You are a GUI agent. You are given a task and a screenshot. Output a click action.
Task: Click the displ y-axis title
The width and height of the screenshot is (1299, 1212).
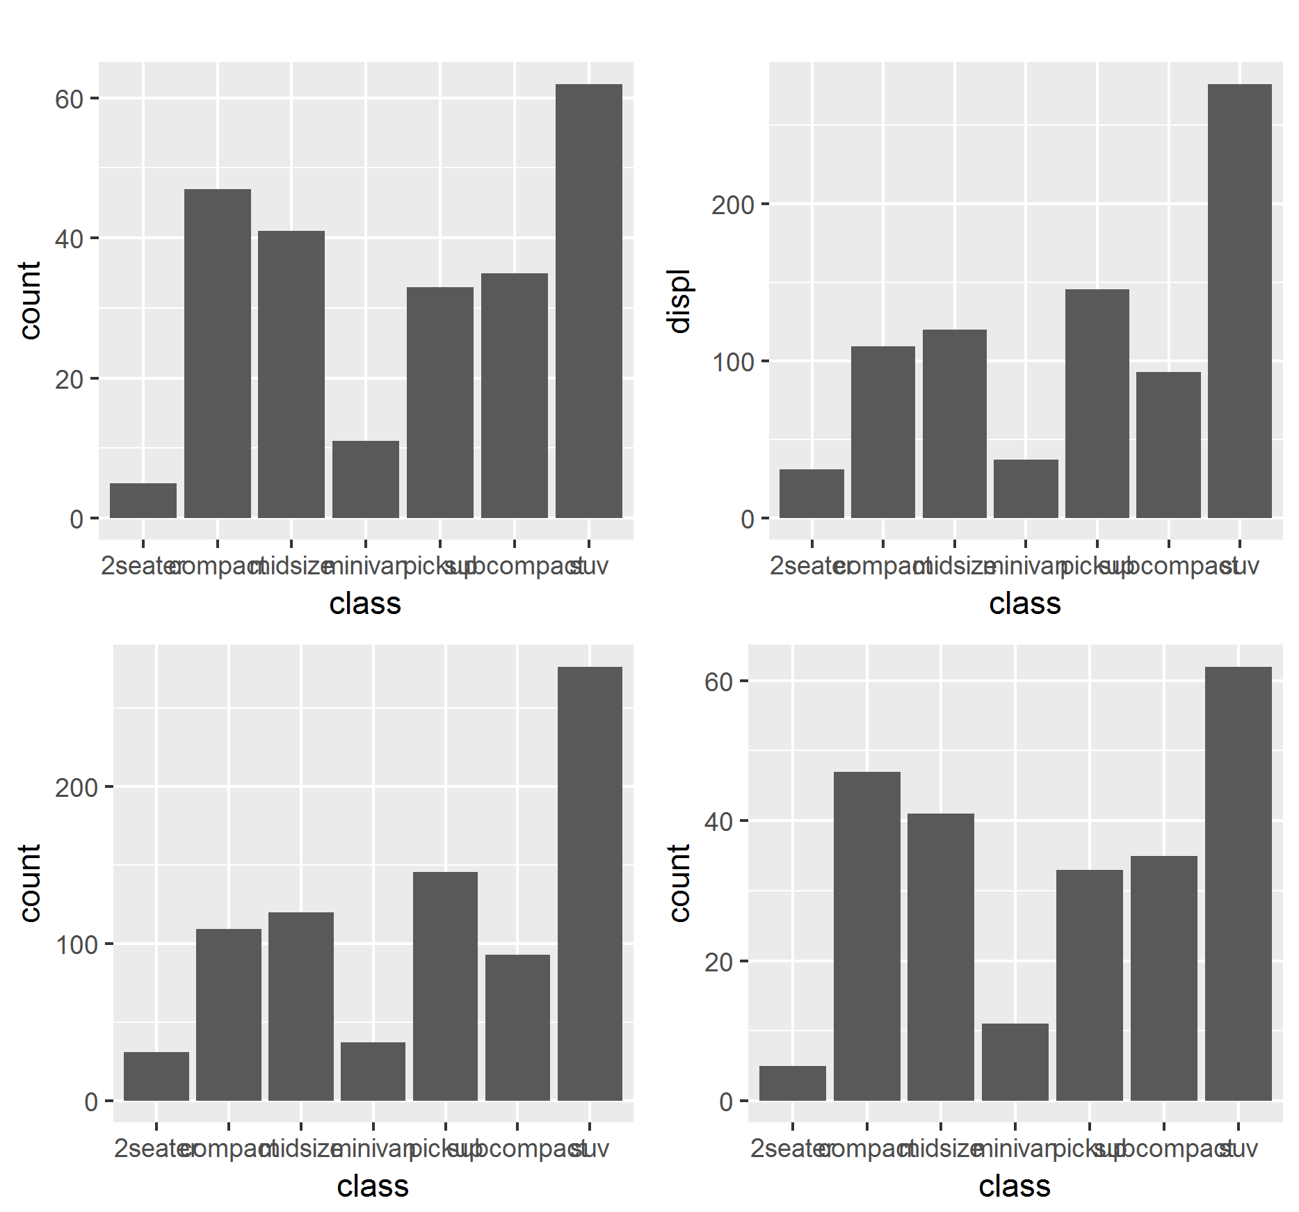point(679,300)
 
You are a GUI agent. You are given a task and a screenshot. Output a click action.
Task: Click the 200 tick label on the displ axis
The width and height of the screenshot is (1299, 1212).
point(732,205)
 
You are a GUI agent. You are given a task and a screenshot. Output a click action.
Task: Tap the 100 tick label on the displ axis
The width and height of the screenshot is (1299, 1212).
point(732,362)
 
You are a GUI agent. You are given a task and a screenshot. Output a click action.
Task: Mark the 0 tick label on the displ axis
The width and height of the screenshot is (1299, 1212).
point(747,519)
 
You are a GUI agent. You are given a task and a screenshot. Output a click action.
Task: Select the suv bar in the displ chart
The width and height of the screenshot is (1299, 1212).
point(1239,301)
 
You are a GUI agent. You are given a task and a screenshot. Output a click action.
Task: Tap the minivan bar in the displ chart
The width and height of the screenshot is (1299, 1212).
point(1026,489)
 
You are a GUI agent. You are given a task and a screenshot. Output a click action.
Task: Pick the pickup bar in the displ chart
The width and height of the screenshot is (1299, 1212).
point(1097,403)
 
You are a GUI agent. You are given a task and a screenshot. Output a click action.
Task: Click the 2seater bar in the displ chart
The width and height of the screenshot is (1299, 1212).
point(812,494)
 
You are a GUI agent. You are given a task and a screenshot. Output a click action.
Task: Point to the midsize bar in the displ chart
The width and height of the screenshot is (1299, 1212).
point(954,423)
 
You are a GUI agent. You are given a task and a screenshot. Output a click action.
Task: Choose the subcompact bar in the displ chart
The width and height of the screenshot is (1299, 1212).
point(1168,445)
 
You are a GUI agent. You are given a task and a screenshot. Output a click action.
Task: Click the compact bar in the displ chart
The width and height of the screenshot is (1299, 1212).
point(882,432)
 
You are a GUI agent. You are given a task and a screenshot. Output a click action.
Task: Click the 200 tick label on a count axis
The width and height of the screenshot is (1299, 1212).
point(76,788)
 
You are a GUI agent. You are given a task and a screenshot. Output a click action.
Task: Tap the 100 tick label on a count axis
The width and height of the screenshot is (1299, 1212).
point(76,945)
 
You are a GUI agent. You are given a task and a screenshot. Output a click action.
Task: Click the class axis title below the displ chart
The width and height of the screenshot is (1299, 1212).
point(1024,604)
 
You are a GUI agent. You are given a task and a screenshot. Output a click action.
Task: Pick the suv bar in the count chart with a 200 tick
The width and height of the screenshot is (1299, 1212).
point(590,884)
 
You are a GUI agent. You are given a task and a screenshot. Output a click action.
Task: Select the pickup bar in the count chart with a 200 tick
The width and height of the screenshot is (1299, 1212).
point(445,986)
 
